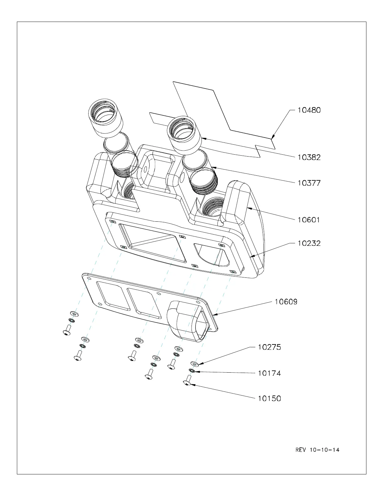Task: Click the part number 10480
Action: coord(309,110)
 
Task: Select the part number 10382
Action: coord(309,157)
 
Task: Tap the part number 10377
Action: coord(309,183)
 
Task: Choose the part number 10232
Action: coord(309,243)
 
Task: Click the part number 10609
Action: coord(286,302)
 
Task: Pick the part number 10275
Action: coord(269,347)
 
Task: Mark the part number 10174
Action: coord(269,373)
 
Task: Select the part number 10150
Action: coord(269,399)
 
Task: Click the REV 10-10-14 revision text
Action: coord(317,450)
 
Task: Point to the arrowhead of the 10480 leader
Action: coord(272,137)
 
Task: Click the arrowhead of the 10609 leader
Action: coord(213,313)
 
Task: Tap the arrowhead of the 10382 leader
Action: coord(202,137)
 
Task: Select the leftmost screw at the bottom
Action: coord(67,331)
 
